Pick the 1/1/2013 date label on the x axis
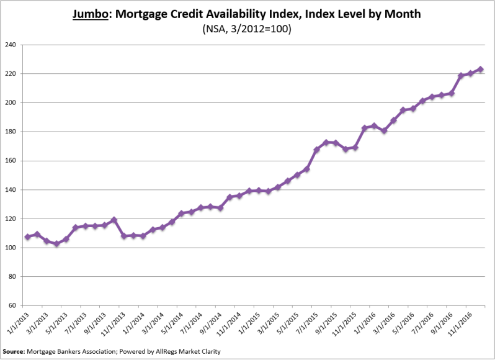[x=15, y=323]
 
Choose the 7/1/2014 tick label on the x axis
[x=188, y=323]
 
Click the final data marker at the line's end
[x=481, y=70]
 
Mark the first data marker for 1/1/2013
[x=27, y=237]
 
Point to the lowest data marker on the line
[x=56, y=244]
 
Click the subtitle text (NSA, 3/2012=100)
[x=247, y=29]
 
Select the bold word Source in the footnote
[x=14, y=352]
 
